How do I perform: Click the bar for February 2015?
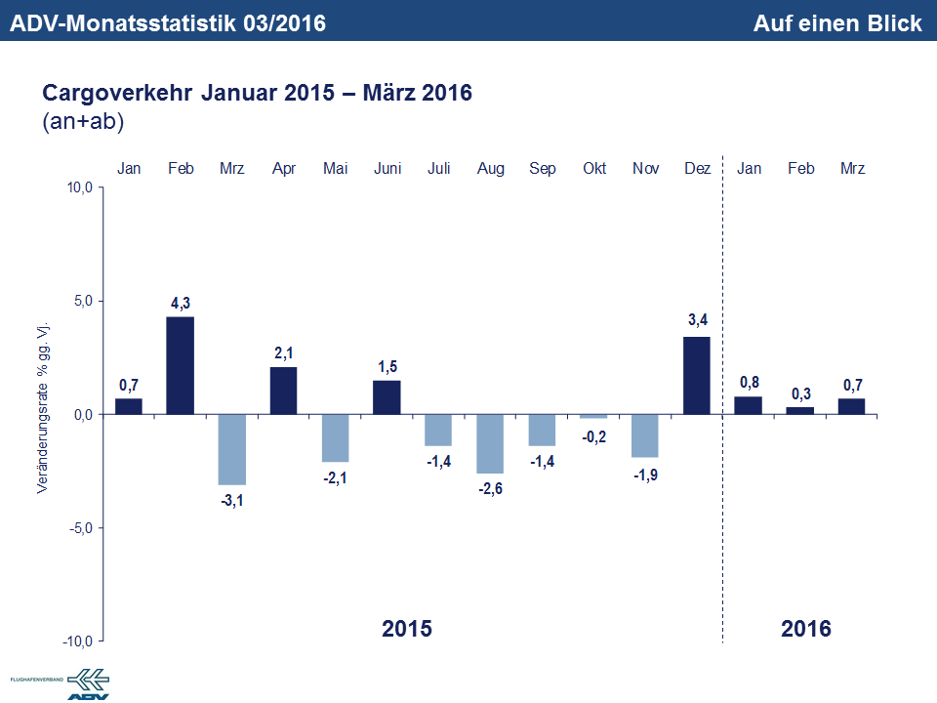181,365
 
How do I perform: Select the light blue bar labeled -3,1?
232,449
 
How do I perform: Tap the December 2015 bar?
697,375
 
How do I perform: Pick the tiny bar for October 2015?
593,417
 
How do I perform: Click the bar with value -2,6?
490,443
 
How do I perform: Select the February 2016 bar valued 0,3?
800,411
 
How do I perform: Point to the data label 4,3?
181,304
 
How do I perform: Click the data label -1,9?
645,475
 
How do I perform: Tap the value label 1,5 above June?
387,367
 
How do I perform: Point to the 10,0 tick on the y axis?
78,187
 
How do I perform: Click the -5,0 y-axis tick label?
78,528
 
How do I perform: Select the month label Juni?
387,169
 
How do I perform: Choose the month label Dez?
697,169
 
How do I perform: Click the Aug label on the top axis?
490,169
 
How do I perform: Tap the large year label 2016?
806,628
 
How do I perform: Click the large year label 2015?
406,628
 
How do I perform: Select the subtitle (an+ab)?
82,122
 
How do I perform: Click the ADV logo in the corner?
88,683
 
